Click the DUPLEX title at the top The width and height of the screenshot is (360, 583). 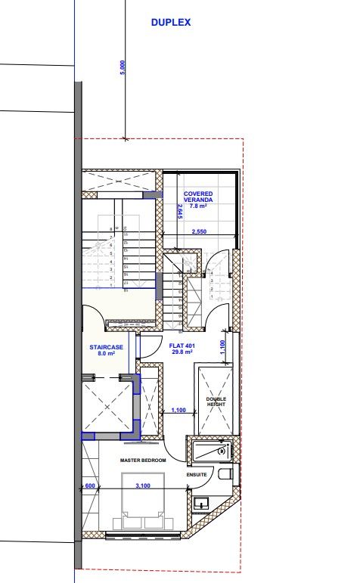(x=171, y=23)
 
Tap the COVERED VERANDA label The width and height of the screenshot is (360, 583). (x=198, y=197)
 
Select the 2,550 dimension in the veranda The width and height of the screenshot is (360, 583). (x=199, y=231)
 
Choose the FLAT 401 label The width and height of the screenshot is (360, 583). (x=182, y=346)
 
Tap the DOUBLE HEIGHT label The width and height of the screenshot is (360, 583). (x=216, y=402)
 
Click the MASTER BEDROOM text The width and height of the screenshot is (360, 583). (x=143, y=459)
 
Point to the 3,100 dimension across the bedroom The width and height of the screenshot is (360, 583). (x=142, y=486)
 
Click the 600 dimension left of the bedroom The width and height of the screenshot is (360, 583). (x=90, y=486)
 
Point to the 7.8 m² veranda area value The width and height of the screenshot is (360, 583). (x=198, y=206)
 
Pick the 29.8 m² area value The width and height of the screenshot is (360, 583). (x=182, y=352)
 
